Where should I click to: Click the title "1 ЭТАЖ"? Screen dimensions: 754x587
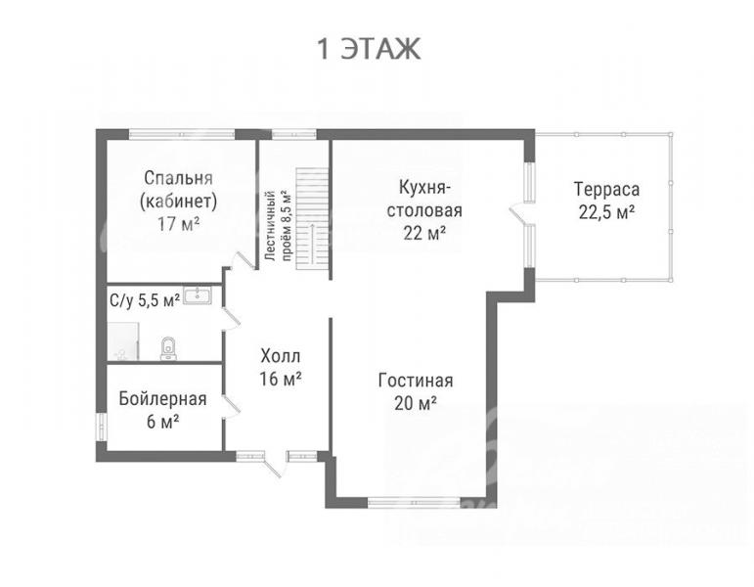click(x=369, y=49)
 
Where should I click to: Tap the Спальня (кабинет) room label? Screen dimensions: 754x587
click(x=178, y=190)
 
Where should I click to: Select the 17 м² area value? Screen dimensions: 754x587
click(x=178, y=224)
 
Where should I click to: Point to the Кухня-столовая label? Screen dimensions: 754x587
click(x=424, y=199)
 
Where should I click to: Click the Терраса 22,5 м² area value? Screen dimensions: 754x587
click(x=606, y=212)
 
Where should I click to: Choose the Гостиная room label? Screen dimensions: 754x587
click(x=416, y=381)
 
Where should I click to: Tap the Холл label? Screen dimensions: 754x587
click(x=281, y=356)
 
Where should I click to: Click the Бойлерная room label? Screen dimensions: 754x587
click(x=163, y=399)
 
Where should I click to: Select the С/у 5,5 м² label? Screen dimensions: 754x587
click(x=145, y=300)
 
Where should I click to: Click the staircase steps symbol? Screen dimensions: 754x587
click(x=312, y=219)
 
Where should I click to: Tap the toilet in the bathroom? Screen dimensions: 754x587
click(x=168, y=348)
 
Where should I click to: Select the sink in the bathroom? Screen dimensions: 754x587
click(x=198, y=295)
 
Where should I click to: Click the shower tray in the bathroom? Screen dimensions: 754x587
click(x=123, y=341)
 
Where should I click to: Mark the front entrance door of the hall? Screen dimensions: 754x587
click(x=272, y=465)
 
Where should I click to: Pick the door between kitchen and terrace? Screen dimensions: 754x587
click(x=519, y=214)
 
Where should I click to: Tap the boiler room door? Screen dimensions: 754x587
click(x=232, y=407)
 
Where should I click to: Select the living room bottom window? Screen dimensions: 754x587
click(x=414, y=503)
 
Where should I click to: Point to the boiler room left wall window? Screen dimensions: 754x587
click(x=101, y=427)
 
